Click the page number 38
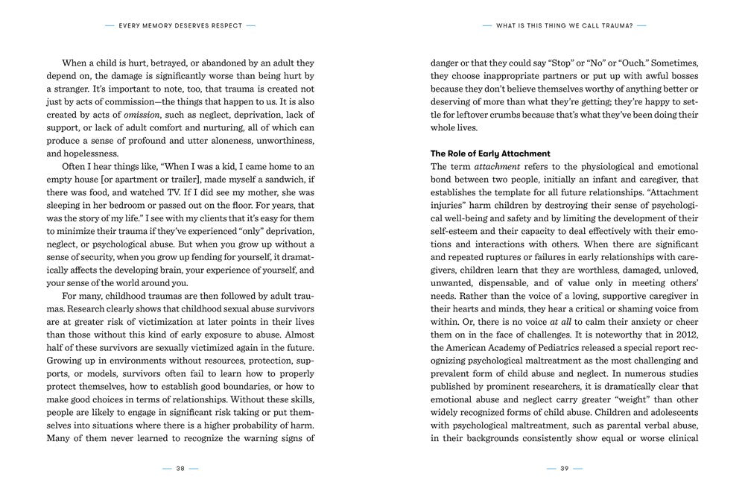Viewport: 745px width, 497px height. click(180, 469)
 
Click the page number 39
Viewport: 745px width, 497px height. click(564, 469)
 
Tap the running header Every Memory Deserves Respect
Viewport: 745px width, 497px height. click(180, 25)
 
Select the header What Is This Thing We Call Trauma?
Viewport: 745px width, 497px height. click(564, 25)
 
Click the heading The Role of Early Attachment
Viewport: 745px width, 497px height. click(490, 153)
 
